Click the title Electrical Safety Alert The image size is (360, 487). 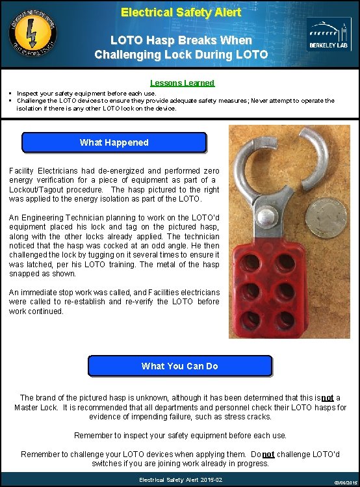181,12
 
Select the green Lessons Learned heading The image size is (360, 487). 182,83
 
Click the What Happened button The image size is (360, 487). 114,142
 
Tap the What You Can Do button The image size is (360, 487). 180,366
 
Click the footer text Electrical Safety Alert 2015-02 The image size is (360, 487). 180,480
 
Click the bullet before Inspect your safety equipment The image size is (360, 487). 12,94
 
